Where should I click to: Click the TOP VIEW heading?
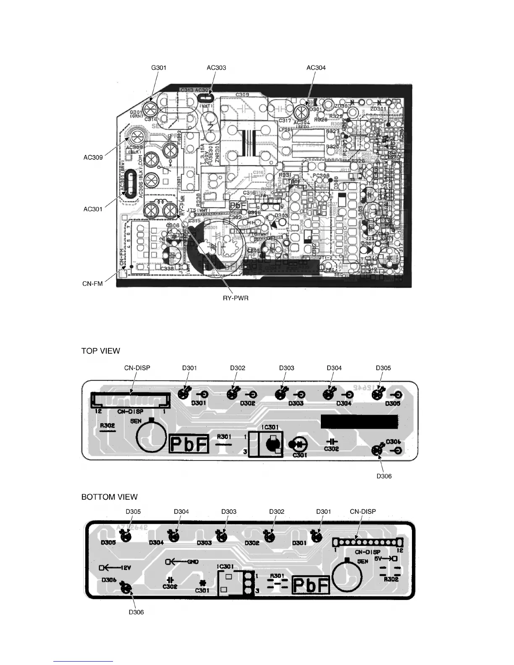tap(100, 351)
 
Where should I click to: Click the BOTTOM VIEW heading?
tap(109, 497)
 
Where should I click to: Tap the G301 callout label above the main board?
tap(159, 68)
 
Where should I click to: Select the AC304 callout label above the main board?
tap(316, 68)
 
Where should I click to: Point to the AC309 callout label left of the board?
tap(93, 158)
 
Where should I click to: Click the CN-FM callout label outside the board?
tap(92, 284)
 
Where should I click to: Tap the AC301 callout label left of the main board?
tap(93, 209)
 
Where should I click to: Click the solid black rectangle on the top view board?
tap(359, 422)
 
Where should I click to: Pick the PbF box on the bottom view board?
tap(311, 585)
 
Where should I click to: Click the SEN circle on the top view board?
tap(152, 437)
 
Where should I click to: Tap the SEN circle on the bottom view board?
tap(347, 576)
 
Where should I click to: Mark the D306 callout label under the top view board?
tap(384, 476)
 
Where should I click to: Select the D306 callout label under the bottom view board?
tap(136, 612)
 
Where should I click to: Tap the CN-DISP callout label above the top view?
tap(137, 368)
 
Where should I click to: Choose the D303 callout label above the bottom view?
tap(229, 511)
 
